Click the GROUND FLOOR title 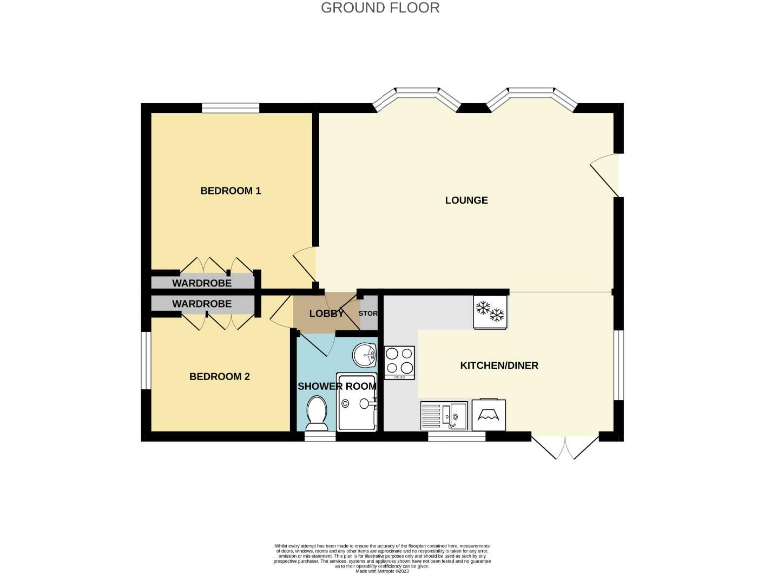(382, 8)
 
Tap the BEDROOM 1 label (230, 190)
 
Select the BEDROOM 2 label (219, 377)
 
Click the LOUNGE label (466, 200)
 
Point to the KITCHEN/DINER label (498, 366)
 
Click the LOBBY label (326, 314)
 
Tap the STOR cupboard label (368, 315)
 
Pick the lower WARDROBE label (202, 303)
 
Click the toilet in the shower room (318, 410)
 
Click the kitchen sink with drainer (445, 414)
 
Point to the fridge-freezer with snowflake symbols (491, 311)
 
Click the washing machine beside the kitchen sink (491, 414)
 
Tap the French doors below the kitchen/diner (565, 447)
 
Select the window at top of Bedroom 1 (230, 107)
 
